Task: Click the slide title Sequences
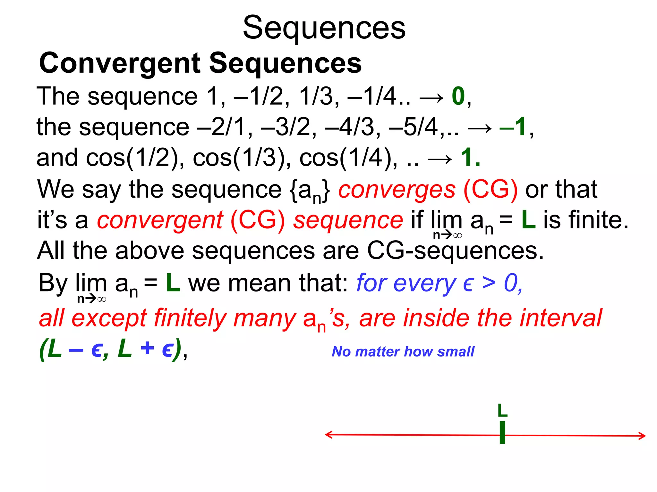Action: coord(324,28)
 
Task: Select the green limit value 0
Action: coord(458,96)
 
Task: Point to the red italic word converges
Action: coord(397,190)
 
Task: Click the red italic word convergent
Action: coord(160,220)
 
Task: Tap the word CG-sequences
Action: coord(455,251)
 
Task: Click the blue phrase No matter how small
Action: coord(403,352)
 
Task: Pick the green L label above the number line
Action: coord(502,410)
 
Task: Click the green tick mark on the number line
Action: coord(502,433)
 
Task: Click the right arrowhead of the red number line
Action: coord(642,436)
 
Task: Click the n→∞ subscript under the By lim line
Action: coord(91,299)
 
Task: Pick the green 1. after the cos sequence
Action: coord(470,158)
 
